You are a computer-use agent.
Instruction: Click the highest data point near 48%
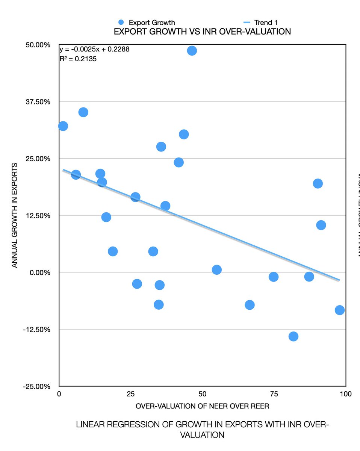click(x=192, y=51)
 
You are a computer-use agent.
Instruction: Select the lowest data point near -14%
click(x=293, y=336)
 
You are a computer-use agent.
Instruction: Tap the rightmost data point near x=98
click(x=340, y=310)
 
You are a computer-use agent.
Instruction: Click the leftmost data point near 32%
click(x=63, y=126)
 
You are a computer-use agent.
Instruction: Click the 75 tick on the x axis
click(x=274, y=394)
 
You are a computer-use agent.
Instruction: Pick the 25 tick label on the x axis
click(x=130, y=394)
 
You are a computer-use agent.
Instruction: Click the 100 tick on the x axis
click(x=345, y=394)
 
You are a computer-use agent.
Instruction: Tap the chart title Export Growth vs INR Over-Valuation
click(x=202, y=32)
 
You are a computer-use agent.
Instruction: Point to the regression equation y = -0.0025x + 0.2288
click(x=94, y=49)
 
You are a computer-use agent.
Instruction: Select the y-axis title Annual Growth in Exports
click(x=15, y=215)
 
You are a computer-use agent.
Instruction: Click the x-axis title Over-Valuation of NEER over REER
click(x=202, y=406)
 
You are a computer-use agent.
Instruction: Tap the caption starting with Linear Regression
click(x=202, y=430)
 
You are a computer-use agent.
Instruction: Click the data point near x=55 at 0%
click(x=216, y=270)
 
